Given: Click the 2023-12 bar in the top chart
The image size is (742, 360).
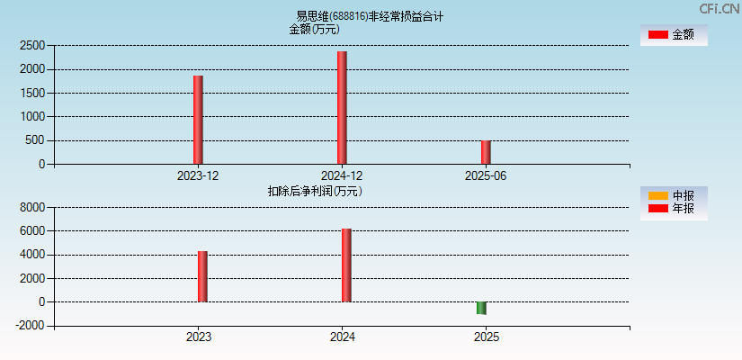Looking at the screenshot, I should [198, 120].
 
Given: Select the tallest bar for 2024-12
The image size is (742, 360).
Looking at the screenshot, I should [342, 108].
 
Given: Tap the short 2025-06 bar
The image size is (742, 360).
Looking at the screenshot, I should [486, 152].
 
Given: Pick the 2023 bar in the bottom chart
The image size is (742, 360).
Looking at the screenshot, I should [202, 276].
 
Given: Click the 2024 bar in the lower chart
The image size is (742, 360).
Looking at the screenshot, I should [346, 265].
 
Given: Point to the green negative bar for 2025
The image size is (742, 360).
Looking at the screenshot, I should [481, 308].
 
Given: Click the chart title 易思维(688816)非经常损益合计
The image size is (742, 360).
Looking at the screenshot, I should [370, 16].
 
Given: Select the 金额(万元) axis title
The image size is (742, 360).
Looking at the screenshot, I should [314, 29].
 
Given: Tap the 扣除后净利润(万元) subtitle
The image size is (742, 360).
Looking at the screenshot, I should [315, 191].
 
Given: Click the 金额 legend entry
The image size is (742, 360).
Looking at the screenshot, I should [673, 34].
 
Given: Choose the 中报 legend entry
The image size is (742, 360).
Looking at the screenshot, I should [673, 195].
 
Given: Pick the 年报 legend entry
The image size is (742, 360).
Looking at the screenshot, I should [673, 209].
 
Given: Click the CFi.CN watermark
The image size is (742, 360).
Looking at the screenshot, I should [719, 9].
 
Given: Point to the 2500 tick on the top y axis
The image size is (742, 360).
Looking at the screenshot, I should [32, 45].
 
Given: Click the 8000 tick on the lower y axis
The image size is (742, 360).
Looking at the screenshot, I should [32, 207].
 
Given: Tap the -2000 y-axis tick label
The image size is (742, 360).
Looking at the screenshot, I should [31, 326].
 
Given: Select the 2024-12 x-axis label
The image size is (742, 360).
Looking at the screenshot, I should [342, 175].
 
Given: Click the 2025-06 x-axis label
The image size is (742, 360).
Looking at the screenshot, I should [486, 175].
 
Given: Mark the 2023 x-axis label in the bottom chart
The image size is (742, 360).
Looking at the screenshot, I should [199, 337].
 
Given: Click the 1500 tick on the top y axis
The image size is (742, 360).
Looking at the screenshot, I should [32, 93].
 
